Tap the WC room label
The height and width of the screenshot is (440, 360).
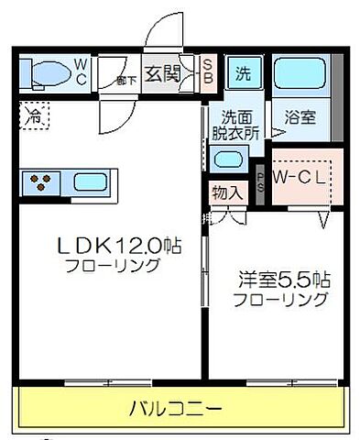coord(82,72)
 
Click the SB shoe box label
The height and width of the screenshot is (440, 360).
coord(207,73)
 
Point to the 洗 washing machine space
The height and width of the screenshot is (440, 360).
coord(243,73)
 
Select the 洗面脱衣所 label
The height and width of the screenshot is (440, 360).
coord(241,125)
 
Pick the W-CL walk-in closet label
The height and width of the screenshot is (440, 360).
coord(299,177)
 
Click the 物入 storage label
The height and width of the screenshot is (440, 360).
coord(226,192)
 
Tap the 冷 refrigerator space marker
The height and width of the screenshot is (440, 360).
coord(34,117)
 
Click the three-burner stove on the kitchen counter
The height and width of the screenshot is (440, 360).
coord(41,180)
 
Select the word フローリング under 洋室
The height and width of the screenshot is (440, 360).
coord(279,299)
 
